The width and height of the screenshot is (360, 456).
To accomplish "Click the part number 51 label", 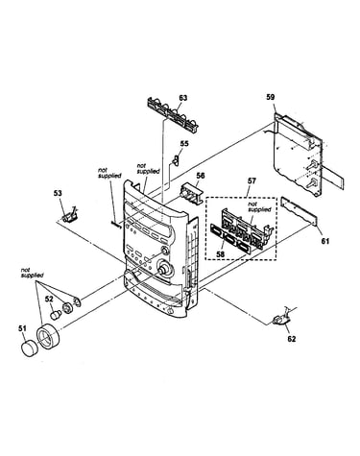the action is [x=22, y=328].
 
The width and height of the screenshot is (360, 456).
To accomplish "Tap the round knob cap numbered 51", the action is [x=30, y=348].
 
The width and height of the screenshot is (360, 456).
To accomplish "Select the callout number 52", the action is [x=49, y=299].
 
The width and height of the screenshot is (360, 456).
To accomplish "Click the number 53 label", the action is [x=58, y=193].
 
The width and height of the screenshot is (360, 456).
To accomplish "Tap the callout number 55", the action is [x=184, y=144].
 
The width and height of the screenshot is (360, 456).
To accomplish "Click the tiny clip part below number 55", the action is [x=175, y=159].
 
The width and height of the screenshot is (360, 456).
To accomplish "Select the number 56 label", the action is [x=201, y=176].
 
